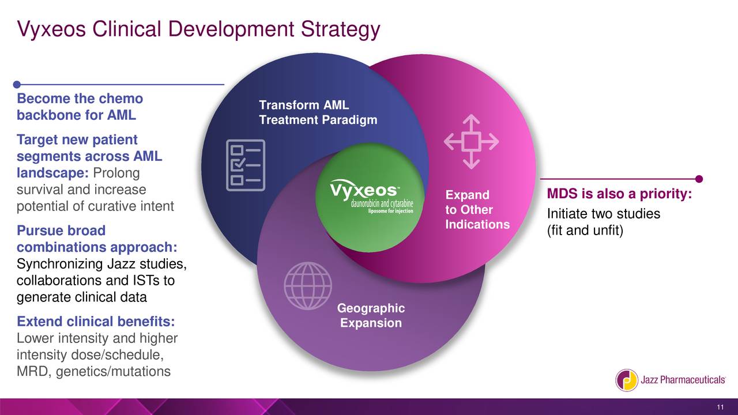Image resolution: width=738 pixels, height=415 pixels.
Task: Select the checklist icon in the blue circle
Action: (x=244, y=164)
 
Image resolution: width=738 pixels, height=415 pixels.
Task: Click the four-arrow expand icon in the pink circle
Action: (x=470, y=142)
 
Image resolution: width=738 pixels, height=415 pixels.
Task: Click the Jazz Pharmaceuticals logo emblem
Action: (x=626, y=380)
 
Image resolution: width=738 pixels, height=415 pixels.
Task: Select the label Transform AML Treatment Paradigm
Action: (x=318, y=113)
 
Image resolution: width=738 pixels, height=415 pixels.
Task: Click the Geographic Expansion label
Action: (x=371, y=316)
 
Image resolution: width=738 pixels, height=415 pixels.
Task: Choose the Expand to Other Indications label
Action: (x=477, y=209)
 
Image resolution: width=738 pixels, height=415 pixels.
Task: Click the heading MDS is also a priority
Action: (x=619, y=195)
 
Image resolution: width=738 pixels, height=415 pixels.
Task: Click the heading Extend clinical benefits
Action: (x=96, y=321)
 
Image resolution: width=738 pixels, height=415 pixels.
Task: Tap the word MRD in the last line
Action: (x=33, y=371)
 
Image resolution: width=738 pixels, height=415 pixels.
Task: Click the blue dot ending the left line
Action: (x=17, y=85)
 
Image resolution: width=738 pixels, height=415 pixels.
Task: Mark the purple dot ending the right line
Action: (x=699, y=178)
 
